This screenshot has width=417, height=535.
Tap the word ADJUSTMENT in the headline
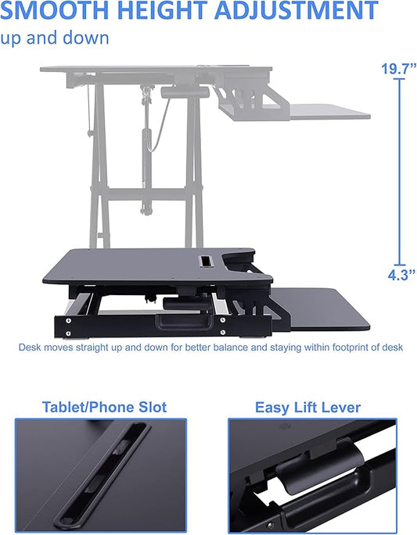[300, 11]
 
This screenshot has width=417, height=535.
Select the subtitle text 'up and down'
[55, 37]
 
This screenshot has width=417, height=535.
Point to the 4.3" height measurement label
[398, 274]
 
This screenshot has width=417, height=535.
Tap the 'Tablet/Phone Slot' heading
[104, 407]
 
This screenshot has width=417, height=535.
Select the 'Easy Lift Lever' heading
[307, 407]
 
